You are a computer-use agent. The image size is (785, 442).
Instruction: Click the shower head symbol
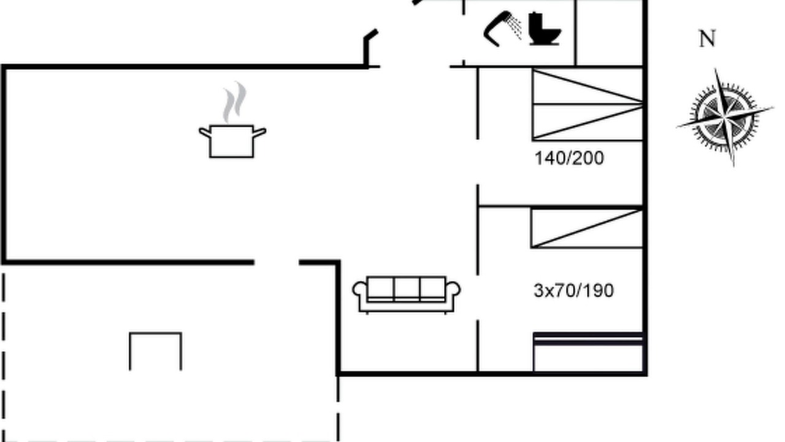click(497, 29)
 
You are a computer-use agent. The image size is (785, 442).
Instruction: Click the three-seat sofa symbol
click(407, 295)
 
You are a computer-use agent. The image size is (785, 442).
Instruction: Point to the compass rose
click(726, 117)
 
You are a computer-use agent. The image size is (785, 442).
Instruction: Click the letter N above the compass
click(707, 39)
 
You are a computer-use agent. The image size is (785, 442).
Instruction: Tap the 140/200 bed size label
click(570, 158)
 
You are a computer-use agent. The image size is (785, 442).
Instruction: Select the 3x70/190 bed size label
click(573, 290)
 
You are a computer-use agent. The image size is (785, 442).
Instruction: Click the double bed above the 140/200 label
click(588, 104)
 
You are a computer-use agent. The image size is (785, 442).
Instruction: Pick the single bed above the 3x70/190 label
click(587, 228)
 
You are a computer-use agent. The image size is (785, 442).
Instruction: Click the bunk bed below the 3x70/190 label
click(588, 352)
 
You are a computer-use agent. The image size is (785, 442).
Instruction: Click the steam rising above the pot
click(235, 102)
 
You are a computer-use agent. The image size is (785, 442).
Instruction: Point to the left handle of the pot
click(205, 133)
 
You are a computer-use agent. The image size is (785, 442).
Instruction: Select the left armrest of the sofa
click(359, 295)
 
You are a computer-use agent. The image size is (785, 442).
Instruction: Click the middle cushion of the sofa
click(407, 289)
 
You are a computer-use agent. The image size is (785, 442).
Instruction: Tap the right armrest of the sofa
click(453, 295)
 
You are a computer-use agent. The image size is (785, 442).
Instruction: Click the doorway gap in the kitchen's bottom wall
click(277, 262)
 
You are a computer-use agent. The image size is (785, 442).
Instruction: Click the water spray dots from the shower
click(515, 29)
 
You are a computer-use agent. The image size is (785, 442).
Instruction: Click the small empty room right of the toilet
click(609, 33)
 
